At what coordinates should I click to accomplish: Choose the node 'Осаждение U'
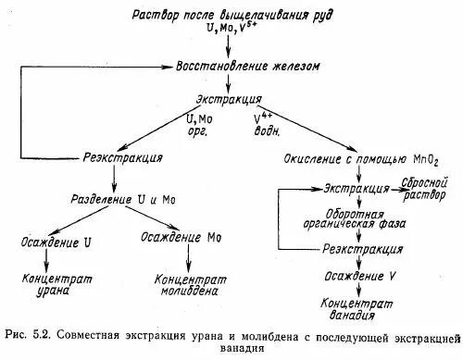55,242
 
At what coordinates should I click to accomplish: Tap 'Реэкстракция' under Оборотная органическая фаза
361,250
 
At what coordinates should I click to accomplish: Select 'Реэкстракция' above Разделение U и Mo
123,157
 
